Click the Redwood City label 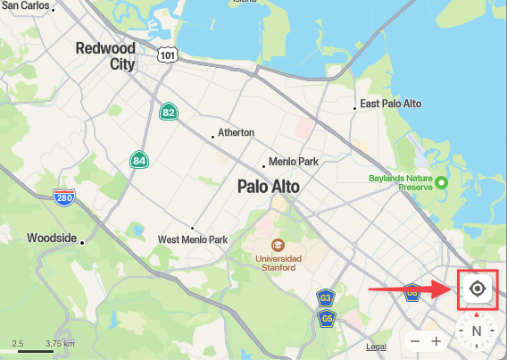tap(105, 55)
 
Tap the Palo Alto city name tap(269, 187)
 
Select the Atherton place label tap(237, 132)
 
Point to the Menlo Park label tap(295, 162)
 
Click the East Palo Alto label tap(390, 105)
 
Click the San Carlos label tap(24, 5)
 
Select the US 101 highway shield tap(168, 55)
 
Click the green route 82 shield tap(168, 113)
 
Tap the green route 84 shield tap(138, 161)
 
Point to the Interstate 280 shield tap(63, 197)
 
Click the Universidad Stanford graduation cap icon tap(278, 244)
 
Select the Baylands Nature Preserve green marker tap(441, 181)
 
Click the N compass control tap(476, 331)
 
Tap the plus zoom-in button tap(436, 341)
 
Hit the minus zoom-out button tap(414, 341)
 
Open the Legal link tap(376, 347)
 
